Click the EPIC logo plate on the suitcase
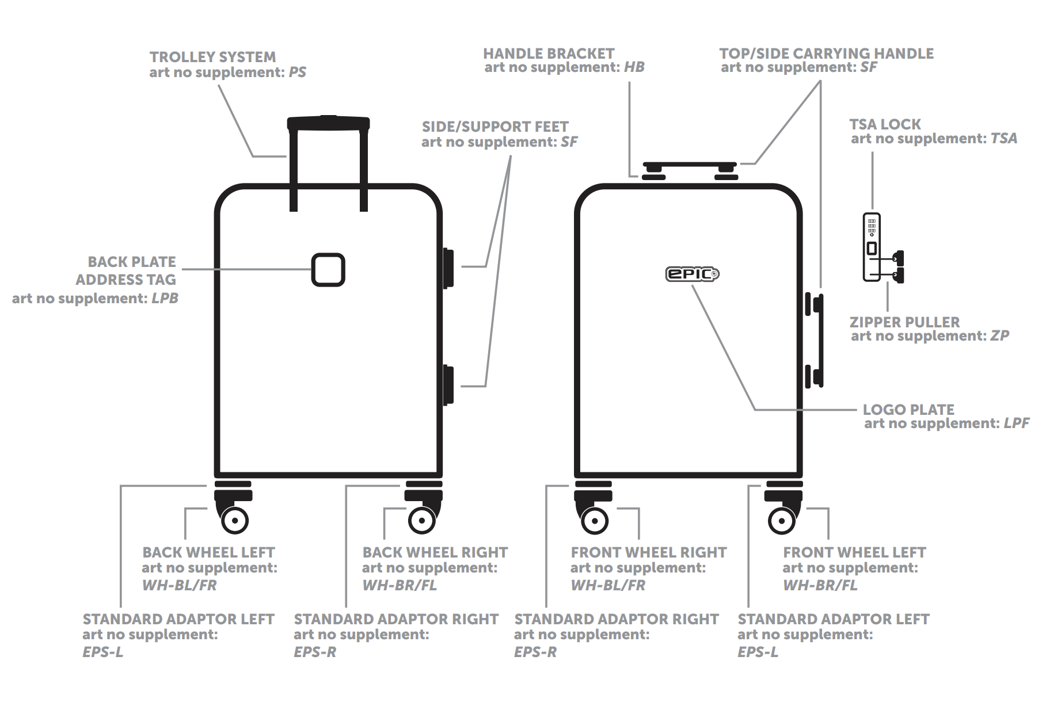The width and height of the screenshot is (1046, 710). (x=692, y=274)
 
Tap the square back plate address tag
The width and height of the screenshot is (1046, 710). (x=328, y=270)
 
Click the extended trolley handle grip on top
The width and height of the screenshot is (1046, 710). (x=328, y=123)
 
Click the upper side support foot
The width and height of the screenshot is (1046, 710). (x=448, y=268)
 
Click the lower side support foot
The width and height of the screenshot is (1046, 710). (x=448, y=385)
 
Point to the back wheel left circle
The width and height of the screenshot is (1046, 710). (x=235, y=521)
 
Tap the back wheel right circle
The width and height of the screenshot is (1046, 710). (x=422, y=521)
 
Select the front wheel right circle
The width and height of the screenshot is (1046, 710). (x=595, y=521)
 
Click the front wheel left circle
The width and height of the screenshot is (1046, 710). (x=781, y=521)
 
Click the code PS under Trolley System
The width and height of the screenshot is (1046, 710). (x=297, y=72)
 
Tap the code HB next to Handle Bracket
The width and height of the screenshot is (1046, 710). (x=634, y=67)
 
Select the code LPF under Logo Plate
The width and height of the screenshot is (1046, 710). (x=1016, y=423)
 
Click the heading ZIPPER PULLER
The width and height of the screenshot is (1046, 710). (x=904, y=322)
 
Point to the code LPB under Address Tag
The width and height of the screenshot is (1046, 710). (x=165, y=299)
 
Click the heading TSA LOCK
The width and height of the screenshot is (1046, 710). (x=885, y=124)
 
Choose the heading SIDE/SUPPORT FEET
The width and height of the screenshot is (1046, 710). (x=495, y=127)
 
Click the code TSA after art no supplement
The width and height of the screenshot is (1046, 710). (x=1003, y=139)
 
